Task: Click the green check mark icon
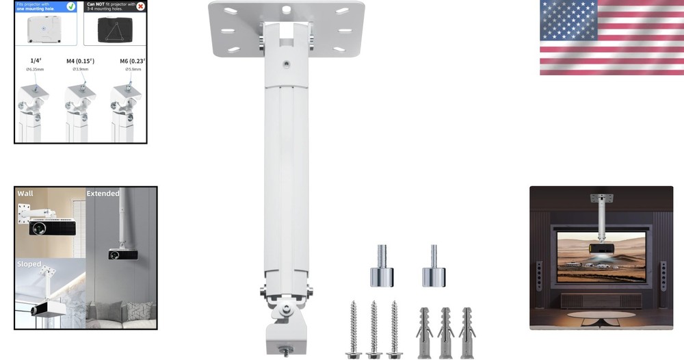71,6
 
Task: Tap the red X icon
140,6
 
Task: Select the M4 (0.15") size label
80,62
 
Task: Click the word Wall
25,194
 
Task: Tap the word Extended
103,194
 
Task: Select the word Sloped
29,264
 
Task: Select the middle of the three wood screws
373,329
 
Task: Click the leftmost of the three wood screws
353,329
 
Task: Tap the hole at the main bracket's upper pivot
286,64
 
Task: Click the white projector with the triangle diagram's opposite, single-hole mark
45,29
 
